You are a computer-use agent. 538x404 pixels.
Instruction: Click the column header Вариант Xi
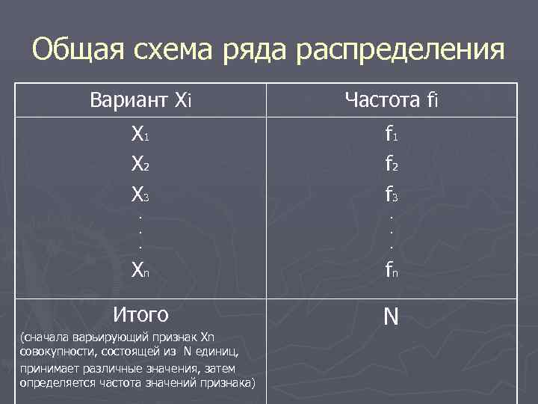[140, 99]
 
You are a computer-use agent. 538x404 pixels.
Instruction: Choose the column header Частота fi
[391, 99]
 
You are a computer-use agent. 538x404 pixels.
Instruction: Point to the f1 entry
[391, 135]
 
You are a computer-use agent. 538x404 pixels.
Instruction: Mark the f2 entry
[391, 165]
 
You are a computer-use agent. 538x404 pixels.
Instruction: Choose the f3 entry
[391, 195]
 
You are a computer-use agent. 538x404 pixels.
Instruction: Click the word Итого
[140, 313]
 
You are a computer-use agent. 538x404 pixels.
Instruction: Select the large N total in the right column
[391, 317]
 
